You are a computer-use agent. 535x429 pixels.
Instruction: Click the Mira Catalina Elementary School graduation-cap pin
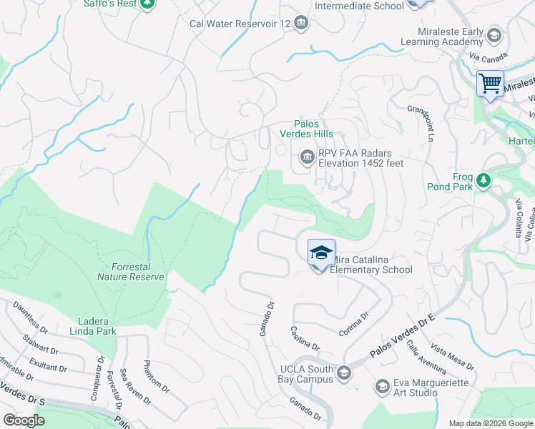tap(321, 252)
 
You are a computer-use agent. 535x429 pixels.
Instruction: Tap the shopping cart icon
tap(491, 84)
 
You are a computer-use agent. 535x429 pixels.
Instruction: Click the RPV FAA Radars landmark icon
tap(307, 157)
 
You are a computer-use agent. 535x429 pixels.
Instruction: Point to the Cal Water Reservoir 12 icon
tap(301, 24)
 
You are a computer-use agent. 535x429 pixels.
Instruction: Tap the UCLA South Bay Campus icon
tap(344, 373)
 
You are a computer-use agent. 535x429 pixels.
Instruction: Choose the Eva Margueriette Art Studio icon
tap(383, 387)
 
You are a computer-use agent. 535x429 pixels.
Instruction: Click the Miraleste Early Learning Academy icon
tap(494, 36)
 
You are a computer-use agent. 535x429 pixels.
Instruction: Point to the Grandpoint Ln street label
tap(421, 122)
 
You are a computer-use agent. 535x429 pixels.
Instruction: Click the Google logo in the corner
tap(24, 420)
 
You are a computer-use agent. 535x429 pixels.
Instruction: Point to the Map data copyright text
tap(491, 423)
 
